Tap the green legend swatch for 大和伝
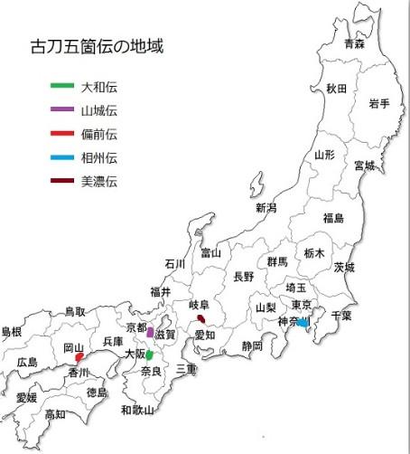point(62,87)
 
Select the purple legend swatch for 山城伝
point(62,110)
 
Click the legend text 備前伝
point(99,135)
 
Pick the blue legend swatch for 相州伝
point(62,158)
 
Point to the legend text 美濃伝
point(99,182)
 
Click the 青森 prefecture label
point(354,43)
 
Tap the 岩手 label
point(378,104)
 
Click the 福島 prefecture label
point(333,218)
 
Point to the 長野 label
point(244,277)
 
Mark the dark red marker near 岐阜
point(201,318)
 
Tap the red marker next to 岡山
point(80,357)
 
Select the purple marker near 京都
point(150,332)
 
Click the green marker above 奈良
point(149,355)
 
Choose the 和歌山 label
point(137,410)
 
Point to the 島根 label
point(11,331)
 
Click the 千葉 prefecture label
point(341,316)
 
